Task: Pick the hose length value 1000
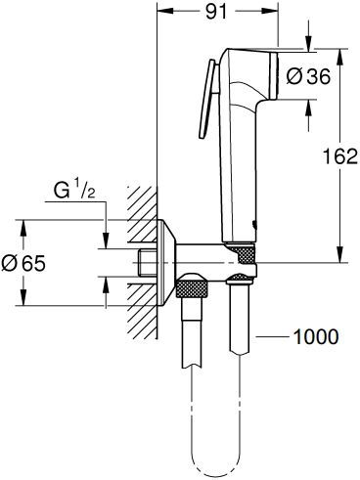pos(317,336)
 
